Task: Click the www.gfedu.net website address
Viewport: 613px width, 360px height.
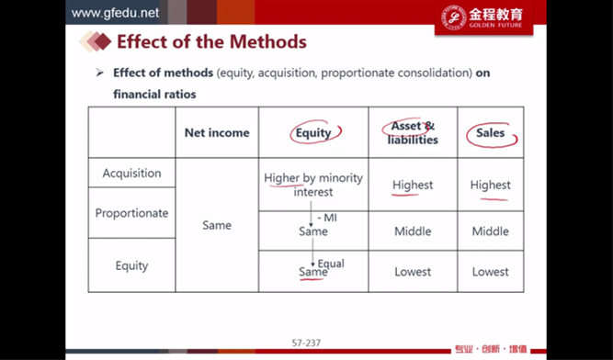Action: (x=115, y=13)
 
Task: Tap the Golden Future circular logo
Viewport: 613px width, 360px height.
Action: (x=453, y=17)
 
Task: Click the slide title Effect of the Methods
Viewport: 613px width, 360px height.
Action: (x=211, y=41)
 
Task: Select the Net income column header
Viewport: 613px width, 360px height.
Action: (x=217, y=133)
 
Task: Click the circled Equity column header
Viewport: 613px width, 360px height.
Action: (x=313, y=133)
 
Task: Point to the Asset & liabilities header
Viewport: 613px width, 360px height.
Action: (x=413, y=133)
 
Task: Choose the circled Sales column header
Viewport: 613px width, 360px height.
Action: (x=490, y=133)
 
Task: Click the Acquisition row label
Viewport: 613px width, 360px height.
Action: (x=131, y=173)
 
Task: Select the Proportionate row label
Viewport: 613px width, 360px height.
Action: (x=131, y=213)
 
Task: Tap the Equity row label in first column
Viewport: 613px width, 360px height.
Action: (x=131, y=266)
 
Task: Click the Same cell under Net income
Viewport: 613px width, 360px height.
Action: (x=217, y=225)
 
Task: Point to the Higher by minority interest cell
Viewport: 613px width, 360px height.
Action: (x=313, y=185)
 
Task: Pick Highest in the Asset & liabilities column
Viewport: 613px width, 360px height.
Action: (x=413, y=185)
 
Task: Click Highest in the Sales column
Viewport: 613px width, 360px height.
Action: (x=490, y=185)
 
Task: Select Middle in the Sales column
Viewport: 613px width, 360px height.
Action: (x=490, y=231)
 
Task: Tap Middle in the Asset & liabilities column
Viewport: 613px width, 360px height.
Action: (x=413, y=231)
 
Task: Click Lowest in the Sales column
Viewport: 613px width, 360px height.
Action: (x=490, y=272)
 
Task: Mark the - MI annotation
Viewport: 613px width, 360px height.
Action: (x=327, y=218)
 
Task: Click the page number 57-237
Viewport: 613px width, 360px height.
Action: (x=306, y=343)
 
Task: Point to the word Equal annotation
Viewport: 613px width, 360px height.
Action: (x=331, y=264)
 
